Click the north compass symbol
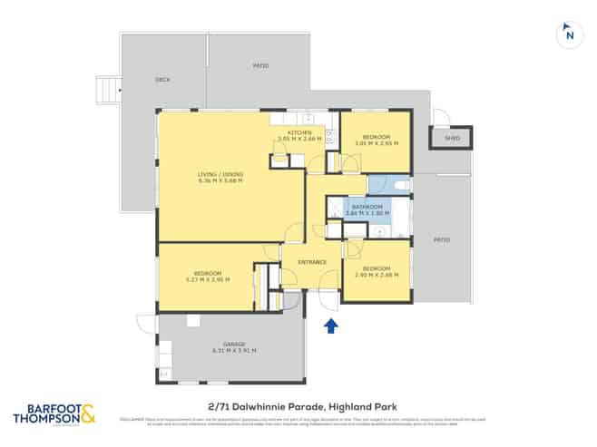(568, 34)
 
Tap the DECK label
(162, 80)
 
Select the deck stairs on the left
(108, 89)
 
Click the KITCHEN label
(299, 133)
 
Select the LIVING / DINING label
(220, 174)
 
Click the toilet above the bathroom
(402, 184)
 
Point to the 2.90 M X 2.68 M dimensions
(376, 275)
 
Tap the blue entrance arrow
(331, 326)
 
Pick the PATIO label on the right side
(442, 239)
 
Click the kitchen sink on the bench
(306, 118)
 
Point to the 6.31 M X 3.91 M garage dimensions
(234, 351)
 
